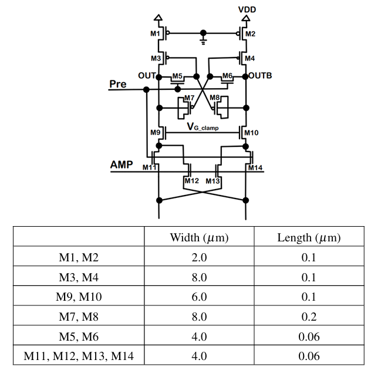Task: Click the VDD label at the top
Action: pyautogui.click(x=247, y=10)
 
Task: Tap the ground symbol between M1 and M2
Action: pyautogui.click(x=203, y=42)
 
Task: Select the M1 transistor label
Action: pyautogui.click(x=155, y=33)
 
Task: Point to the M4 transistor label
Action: pyautogui.click(x=249, y=58)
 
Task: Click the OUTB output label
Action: pyautogui.click(x=260, y=76)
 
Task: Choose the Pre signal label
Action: pyautogui.click(x=118, y=84)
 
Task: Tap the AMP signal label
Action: pyautogui.click(x=122, y=164)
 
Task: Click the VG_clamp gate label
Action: pyautogui.click(x=203, y=127)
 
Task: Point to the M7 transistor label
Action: pyautogui.click(x=189, y=97)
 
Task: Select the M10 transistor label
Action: pyautogui.click(x=251, y=133)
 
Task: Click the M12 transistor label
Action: pyautogui.click(x=191, y=181)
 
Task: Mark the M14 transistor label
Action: pyautogui.click(x=255, y=167)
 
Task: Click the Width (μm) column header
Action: pyautogui.click(x=199, y=237)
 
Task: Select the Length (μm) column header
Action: pyautogui.click(x=309, y=237)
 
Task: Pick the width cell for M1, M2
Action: pyautogui.click(x=199, y=257)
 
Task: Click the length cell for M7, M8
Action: pyautogui.click(x=309, y=317)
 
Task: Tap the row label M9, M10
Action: pyautogui.click(x=79, y=297)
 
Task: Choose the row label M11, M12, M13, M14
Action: pyautogui.click(x=79, y=356)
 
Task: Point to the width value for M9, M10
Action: pyautogui.click(x=199, y=297)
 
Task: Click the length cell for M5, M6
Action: pyautogui.click(x=309, y=337)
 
